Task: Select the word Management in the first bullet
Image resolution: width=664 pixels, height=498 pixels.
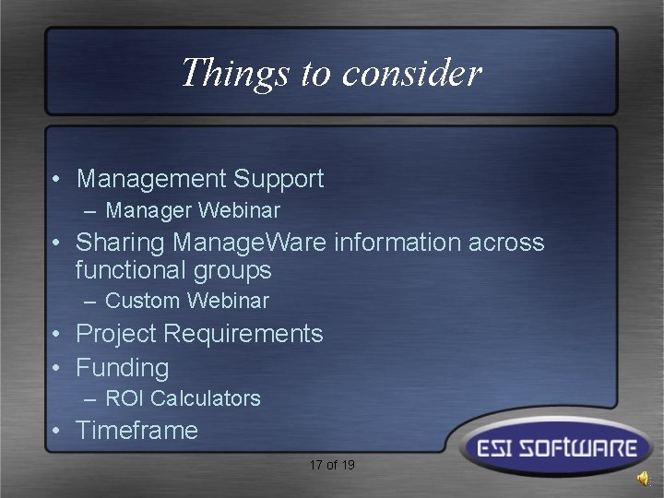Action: click(151, 179)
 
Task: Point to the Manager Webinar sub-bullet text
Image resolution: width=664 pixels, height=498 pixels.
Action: click(192, 210)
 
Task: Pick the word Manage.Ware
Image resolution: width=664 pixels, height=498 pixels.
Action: click(250, 243)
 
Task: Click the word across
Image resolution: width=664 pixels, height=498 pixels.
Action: click(507, 243)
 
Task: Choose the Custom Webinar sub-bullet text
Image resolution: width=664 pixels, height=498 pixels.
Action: click(186, 301)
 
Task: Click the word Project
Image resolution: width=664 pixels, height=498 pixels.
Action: click(119, 334)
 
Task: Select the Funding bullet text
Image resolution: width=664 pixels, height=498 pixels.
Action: click(122, 368)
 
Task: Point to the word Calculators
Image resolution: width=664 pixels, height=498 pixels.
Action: click(206, 398)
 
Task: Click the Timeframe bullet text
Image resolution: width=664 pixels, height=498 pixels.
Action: click(136, 431)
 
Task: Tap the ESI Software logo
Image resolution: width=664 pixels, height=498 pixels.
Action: click(551, 449)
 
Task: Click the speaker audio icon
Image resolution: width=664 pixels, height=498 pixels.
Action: click(642, 478)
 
